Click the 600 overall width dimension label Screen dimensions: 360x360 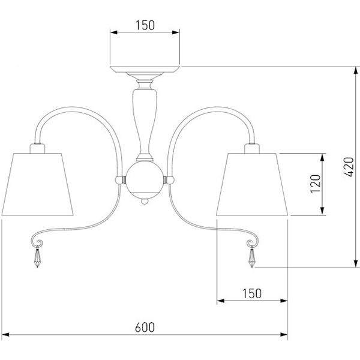click(145, 328)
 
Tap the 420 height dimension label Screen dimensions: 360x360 click(349, 167)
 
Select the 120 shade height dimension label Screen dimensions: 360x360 click(315, 184)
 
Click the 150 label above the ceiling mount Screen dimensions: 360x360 click(145, 25)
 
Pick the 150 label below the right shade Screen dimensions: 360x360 click(252, 293)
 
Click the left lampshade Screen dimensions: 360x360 click(37, 184)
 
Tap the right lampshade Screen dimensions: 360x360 click(252, 184)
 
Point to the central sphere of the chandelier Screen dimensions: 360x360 click(145, 180)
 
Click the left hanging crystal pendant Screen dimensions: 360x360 click(37, 257)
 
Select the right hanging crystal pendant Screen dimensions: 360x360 click(252, 257)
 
